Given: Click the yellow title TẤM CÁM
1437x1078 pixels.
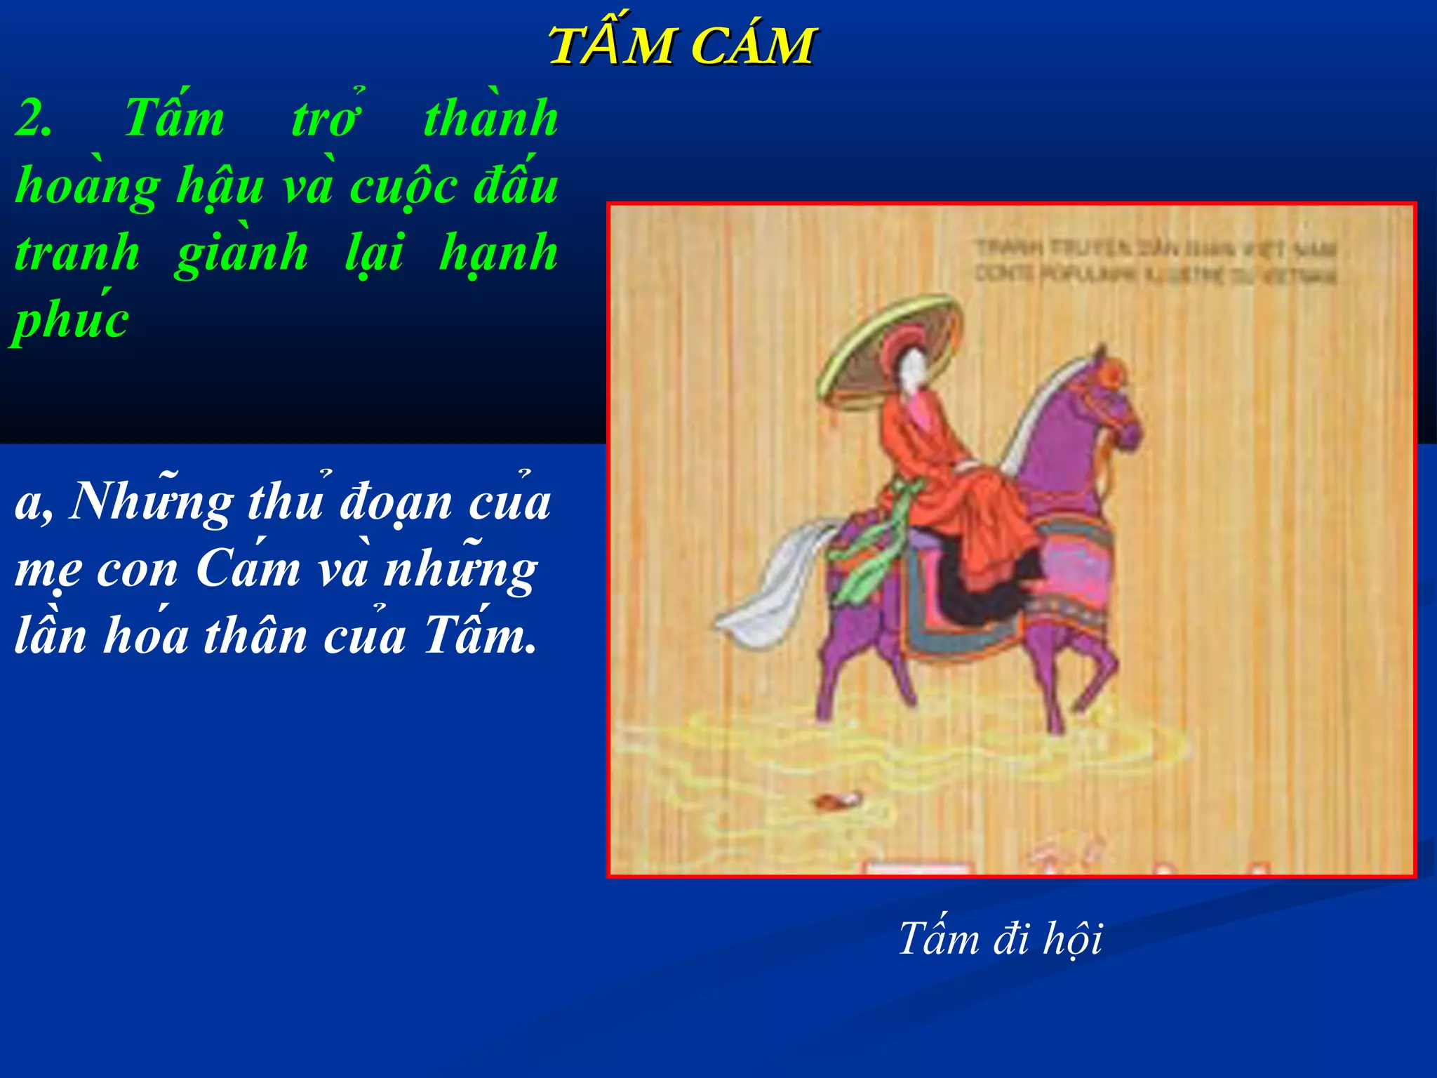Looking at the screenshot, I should click(681, 46).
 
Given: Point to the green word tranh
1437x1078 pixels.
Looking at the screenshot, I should click(77, 253).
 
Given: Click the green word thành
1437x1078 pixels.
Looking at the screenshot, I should click(490, 118).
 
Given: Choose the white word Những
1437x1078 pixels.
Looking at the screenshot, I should click(151, 503).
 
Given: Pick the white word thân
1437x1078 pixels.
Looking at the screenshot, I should click(255, 636).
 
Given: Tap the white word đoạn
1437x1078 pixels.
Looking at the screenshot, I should click(396, 503).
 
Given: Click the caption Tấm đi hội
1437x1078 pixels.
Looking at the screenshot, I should click(1000, 938).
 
